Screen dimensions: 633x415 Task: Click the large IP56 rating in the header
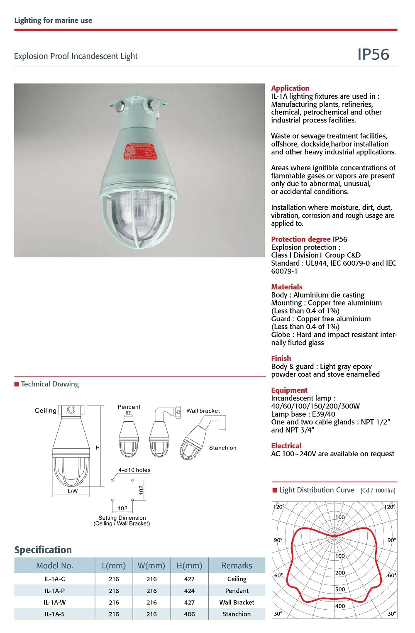pos(373,55)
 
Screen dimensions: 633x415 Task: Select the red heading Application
pos(290,88)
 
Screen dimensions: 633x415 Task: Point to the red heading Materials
pos(287,287)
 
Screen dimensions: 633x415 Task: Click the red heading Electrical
pos(286,445)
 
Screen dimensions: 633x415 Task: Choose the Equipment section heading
pos(289,390)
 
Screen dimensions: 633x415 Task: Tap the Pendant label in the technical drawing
pos(129,407)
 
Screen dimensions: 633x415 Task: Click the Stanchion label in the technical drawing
pos(222,448)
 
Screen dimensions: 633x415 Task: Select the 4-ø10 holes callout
pos(134,470)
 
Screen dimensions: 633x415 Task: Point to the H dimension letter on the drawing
pos(98,448)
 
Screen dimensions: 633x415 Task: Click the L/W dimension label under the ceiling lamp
pos(73,491)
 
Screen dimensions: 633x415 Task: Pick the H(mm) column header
pos(189,565)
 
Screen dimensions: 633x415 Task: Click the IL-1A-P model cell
pos(54,591)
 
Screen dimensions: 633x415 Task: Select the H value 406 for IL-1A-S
pos(189,614)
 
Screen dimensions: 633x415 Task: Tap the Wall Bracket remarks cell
pos(237,602)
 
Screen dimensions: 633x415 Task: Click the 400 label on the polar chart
pos(340,606)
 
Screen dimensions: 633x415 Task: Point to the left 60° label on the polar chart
pos(278,575)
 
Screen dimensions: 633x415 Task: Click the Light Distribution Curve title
pos(317,490)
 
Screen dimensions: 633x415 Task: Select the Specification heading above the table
pos(43,550)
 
